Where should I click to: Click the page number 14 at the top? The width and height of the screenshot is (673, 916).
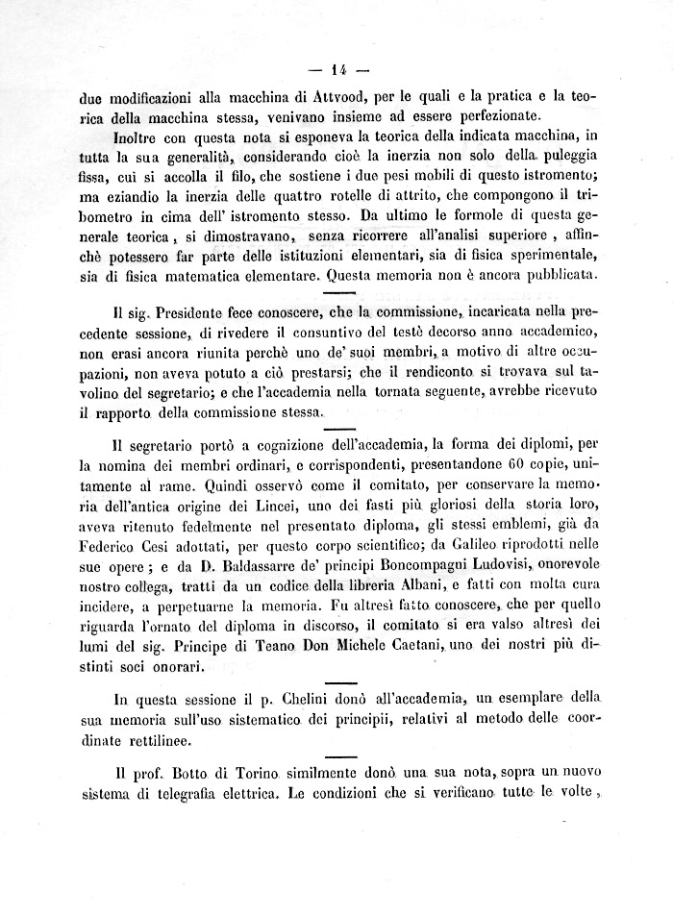pyautogui.click(x=337, y=68)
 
